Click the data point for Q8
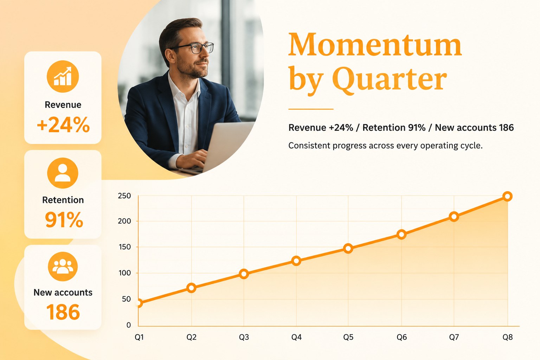[507, 196]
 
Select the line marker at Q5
[348, 248]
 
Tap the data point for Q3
[244, 274]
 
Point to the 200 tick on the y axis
[124, 221]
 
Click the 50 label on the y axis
[126, 299]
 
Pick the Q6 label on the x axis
[401, 337]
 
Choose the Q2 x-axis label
[191, 337]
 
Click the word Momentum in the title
[375, 45]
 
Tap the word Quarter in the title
[389, 79]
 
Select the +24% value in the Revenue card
[63, 125]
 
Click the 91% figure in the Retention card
[64, 219]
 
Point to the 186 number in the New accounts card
[63, 312]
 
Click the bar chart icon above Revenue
[63, 76]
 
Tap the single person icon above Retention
[63, 173]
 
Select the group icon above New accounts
[63, 266]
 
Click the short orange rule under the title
[311, 109]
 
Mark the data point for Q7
[454, 217]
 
